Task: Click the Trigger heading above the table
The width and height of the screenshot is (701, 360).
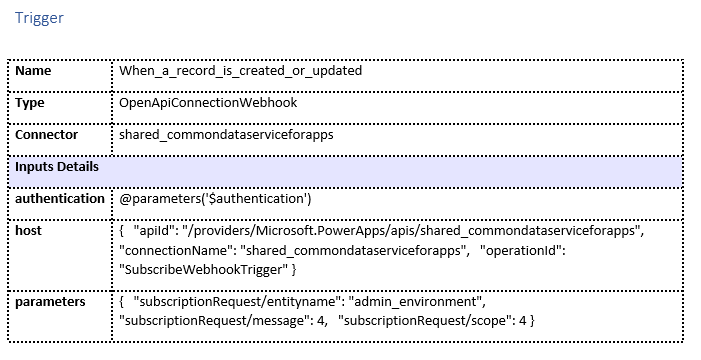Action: (x=39, y=18)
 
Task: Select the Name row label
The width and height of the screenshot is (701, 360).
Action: (x=33, y=71)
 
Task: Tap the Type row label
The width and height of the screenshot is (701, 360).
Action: (x=31, y=103)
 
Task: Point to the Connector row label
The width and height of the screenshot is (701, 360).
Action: (x=46, y=134)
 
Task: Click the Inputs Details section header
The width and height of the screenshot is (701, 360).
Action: (x=57, y=166)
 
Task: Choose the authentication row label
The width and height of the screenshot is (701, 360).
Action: (x=59, y=198)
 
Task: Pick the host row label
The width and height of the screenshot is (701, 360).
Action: (x=29, y=230)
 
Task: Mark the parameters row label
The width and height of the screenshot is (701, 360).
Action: (x=50, y=301)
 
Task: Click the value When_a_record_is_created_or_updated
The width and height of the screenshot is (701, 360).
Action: (x=240, y=72)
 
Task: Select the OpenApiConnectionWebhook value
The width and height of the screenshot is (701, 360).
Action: (x=207, y=103)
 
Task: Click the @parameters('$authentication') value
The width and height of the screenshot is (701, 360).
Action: (x=215, y=198)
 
